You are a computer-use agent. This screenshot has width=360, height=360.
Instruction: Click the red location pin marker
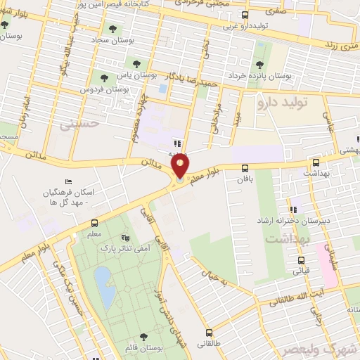click(x=181, y=167)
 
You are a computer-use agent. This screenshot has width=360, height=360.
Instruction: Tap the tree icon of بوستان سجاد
click(x=112, y=29)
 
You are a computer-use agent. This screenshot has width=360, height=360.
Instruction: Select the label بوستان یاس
click(x=141, y=73)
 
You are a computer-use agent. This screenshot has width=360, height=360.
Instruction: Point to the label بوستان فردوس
click(x=127, y=90)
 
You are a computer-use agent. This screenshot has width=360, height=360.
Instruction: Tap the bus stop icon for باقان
click(x=245, y=167)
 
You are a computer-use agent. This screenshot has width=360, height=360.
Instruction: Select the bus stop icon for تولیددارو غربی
click(x=244, y=15)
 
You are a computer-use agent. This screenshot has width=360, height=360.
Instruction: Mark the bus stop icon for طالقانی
click(x=209, y=333)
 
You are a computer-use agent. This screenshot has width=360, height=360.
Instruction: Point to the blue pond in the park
click(x=103, y=281)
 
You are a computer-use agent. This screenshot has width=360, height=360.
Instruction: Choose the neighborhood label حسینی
click(x=75, y=125)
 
